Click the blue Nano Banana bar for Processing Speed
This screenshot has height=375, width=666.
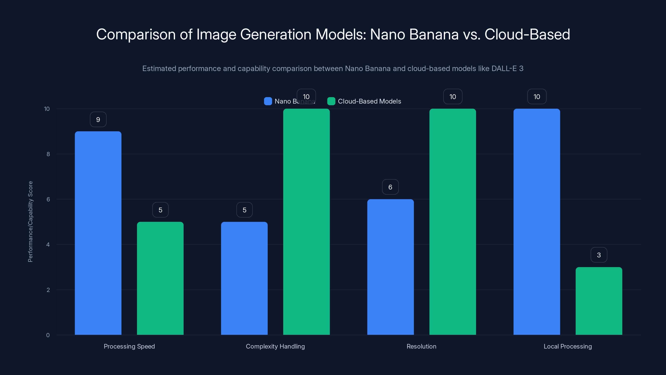click(98, 233)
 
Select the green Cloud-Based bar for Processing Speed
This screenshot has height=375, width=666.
click(160, 278)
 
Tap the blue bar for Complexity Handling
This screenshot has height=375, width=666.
click(244, 278)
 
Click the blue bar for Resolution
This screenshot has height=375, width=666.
click(390, 267)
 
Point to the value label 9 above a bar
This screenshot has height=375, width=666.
click(98, 120)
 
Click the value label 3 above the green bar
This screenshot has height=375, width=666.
click(599, 255)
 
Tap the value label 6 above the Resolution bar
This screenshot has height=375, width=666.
click(390, 187)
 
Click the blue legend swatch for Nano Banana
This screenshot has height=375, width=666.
click(268, 101)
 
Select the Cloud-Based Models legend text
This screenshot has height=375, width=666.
click(369, 101)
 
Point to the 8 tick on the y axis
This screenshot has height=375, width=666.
click(48, 154)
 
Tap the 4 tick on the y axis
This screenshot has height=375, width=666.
click(48, 245)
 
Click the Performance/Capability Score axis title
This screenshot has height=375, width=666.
click(30, 221)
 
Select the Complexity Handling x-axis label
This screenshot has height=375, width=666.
click(275, 346)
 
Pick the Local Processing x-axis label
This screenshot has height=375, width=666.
click(568, 346)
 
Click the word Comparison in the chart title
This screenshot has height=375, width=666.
click(136, 34)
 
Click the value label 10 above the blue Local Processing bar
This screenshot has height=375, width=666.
click(537, 96)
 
